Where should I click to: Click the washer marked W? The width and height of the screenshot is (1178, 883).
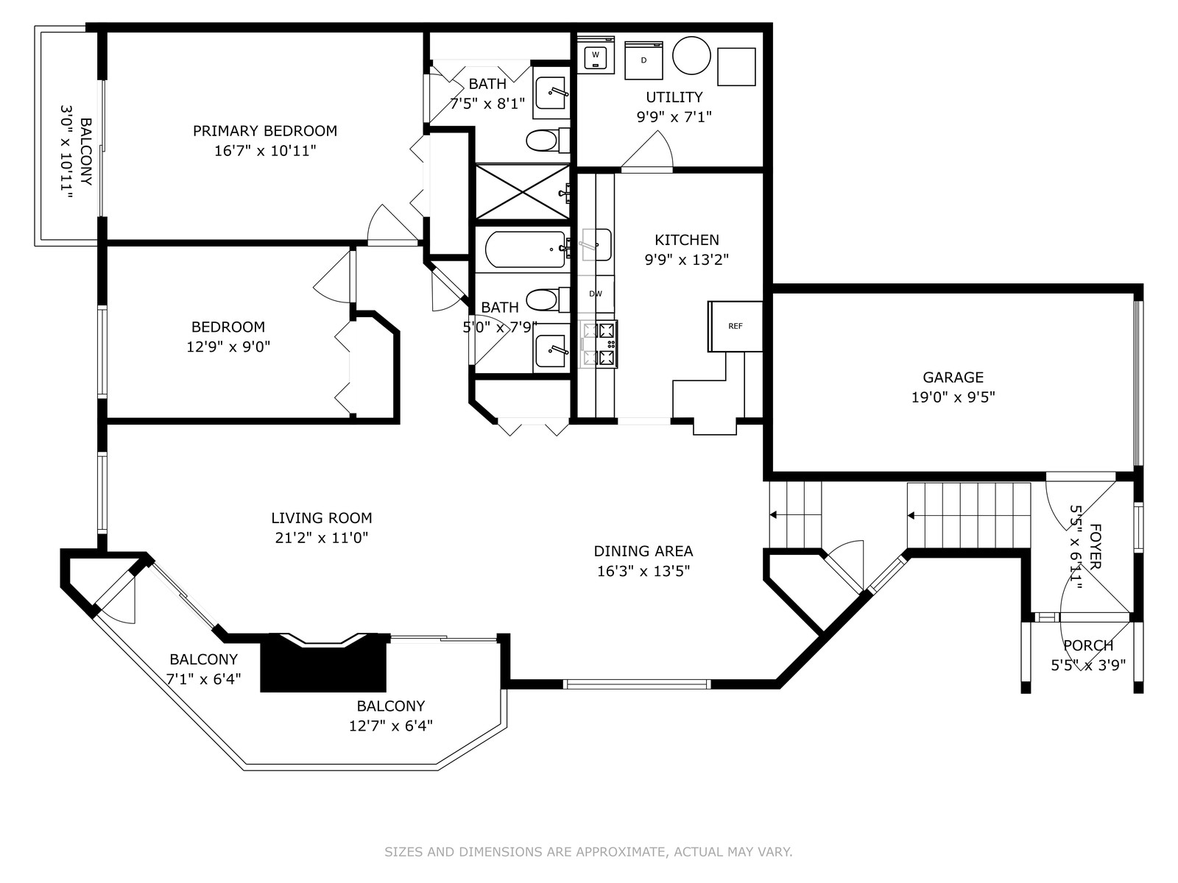pyautogui.click(x=595, y=55)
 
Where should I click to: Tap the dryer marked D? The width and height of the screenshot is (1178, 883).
pyautogui.click(x=643, y=60)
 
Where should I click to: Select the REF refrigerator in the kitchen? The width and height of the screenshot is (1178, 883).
pyautogui.click(x=736, y=326)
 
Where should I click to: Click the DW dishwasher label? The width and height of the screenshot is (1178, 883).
pyautogui.click(x=596, y=294)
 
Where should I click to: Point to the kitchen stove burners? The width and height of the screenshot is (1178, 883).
pyautogui.click(x=599, y=344)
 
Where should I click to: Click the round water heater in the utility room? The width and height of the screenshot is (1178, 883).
pyautogui.click(x=691, y=55)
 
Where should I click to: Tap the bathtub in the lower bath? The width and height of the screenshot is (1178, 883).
pyautogui.click(x=526, y=249)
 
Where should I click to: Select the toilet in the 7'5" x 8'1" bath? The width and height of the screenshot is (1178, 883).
pyautogui.click(x=547, y=141)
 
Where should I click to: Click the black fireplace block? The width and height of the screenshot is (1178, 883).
pyautogui.click(x=324, y=663)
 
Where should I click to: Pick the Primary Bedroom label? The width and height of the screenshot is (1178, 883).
pyautogui.click(x=265, y=131)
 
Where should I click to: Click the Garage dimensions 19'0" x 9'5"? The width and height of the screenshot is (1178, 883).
pyautogui.click(x=953, y=397)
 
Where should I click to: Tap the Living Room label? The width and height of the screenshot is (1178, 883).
pyautogui.click(x=322, y=518)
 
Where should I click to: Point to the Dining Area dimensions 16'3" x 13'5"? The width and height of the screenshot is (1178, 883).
pyautogui.click(x=643, y=571)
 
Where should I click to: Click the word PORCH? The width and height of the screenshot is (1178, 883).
pyautogui.click(x=1088, y=645)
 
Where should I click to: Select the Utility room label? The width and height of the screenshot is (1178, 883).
pyautogui.click(x=674, y=97)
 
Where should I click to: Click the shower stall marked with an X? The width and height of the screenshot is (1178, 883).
pyautogui.click(x=523, y=191)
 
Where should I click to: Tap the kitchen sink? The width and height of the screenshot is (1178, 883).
pyautogui.click(x=597, y=244)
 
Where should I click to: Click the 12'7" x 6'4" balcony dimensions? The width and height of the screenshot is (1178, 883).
pyautogui.click(x=391, y=726)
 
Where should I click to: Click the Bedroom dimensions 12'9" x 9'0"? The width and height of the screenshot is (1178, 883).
pyautogui.click(x=228, y=347)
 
